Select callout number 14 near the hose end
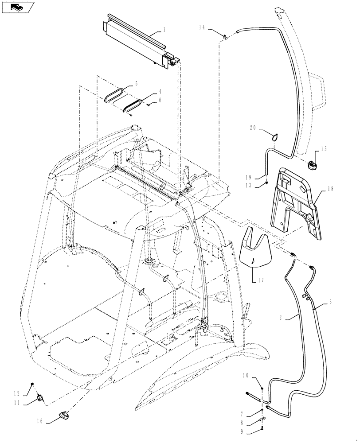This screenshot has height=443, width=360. click(202, 28)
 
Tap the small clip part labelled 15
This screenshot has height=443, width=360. click(313, 165)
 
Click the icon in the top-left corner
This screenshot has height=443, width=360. click(17, 7)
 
